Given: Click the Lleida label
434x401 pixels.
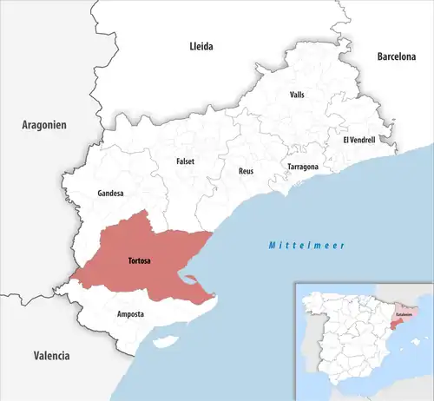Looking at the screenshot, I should [201, 46].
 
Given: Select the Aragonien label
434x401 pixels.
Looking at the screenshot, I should [44, 126].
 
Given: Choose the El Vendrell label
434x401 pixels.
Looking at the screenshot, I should [358, 139].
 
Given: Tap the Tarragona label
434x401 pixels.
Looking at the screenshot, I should [303, 166].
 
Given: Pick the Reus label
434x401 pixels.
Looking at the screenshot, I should [246, 171].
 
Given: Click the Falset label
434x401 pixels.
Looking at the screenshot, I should [185, 161].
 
